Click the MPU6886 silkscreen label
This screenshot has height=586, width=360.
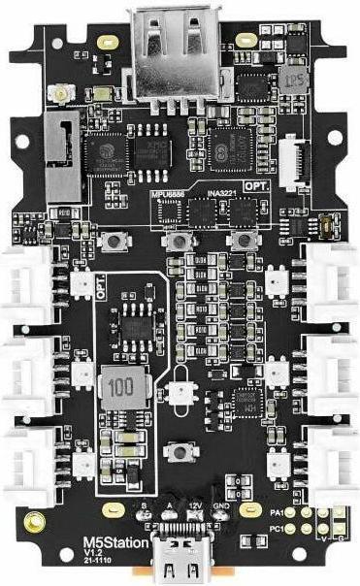coord(167,193)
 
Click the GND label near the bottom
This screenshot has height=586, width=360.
coord(221,505)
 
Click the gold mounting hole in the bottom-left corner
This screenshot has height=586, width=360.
coord(35,524)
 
